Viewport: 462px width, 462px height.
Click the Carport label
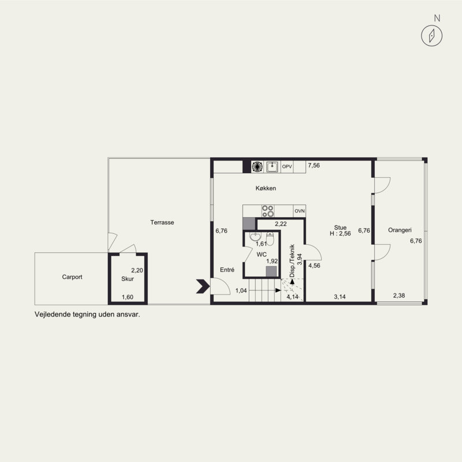click(x=72, y=277)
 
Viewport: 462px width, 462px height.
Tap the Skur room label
click(x=128, y=279)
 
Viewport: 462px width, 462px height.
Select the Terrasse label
click(x=162, y=222)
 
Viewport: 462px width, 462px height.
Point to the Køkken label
click(x=266, y=188)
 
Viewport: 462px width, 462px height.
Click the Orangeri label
click(x=400, y=230)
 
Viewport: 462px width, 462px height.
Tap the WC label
click(x=262, y=255)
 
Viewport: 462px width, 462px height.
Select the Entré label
click(x=227, y=270)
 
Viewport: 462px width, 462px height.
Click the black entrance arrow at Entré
click(x=203, y=286)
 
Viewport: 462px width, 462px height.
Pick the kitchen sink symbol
click(x=272, y=167)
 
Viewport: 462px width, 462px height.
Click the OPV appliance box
click(x=287, y=167)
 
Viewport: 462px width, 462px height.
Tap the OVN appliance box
click(x=300, y=211)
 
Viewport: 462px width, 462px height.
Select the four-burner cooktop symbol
click(x=268, y=211)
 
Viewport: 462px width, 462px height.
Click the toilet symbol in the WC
click(x=270, y=238)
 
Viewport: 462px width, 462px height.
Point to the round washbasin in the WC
click(x=255, y=236)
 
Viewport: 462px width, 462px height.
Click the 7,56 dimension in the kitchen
click(x=314, y=165)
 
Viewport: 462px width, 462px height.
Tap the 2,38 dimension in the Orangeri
click(x=399, y=296)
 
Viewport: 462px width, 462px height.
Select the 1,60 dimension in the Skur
click(x=128, y=297)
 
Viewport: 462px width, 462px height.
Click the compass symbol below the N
click(x=431, y=36)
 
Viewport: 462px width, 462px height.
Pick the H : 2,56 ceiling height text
click(x=340, y=234)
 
